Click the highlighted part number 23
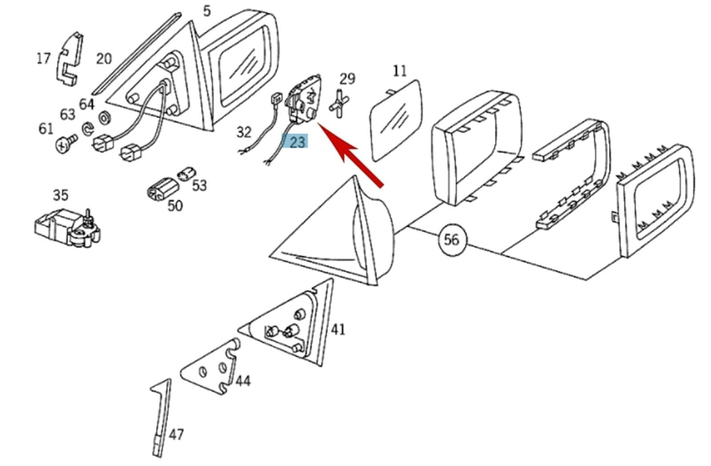coord(297,142)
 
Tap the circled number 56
coord(451,239)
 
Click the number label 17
coord(43,58)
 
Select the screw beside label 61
coord(65,143)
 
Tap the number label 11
coord(399,70)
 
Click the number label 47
coord(176,434)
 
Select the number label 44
coord(243,381)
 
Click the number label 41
coord(338,329)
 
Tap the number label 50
coord(175,205)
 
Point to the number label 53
coord(200,185)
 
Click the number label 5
coord(207,11)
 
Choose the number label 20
coord(104,58)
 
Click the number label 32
coord(244,131)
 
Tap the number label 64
coord(87,104)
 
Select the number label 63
coord(68,114)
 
